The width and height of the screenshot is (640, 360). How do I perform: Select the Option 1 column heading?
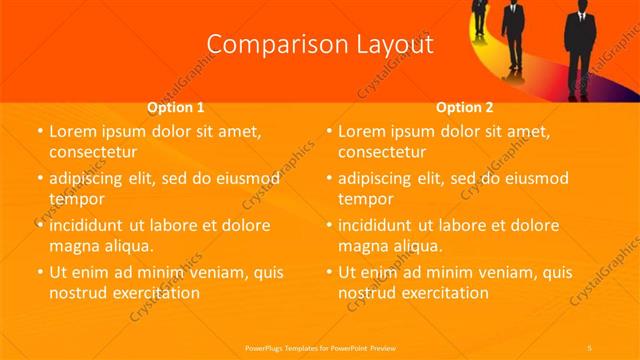(x=176, y=106)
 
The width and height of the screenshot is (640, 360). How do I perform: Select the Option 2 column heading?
(x=465, y=106)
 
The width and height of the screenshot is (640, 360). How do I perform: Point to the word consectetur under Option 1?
(x=92, y=153)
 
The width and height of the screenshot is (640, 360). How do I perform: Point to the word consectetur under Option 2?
(x=382, y=153)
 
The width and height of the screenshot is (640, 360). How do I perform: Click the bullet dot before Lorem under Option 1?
(x=40, y=132)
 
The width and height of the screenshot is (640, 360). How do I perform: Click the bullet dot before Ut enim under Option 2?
(x=330, y=273)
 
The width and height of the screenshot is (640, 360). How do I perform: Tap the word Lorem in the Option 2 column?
(x=363, y=131)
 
